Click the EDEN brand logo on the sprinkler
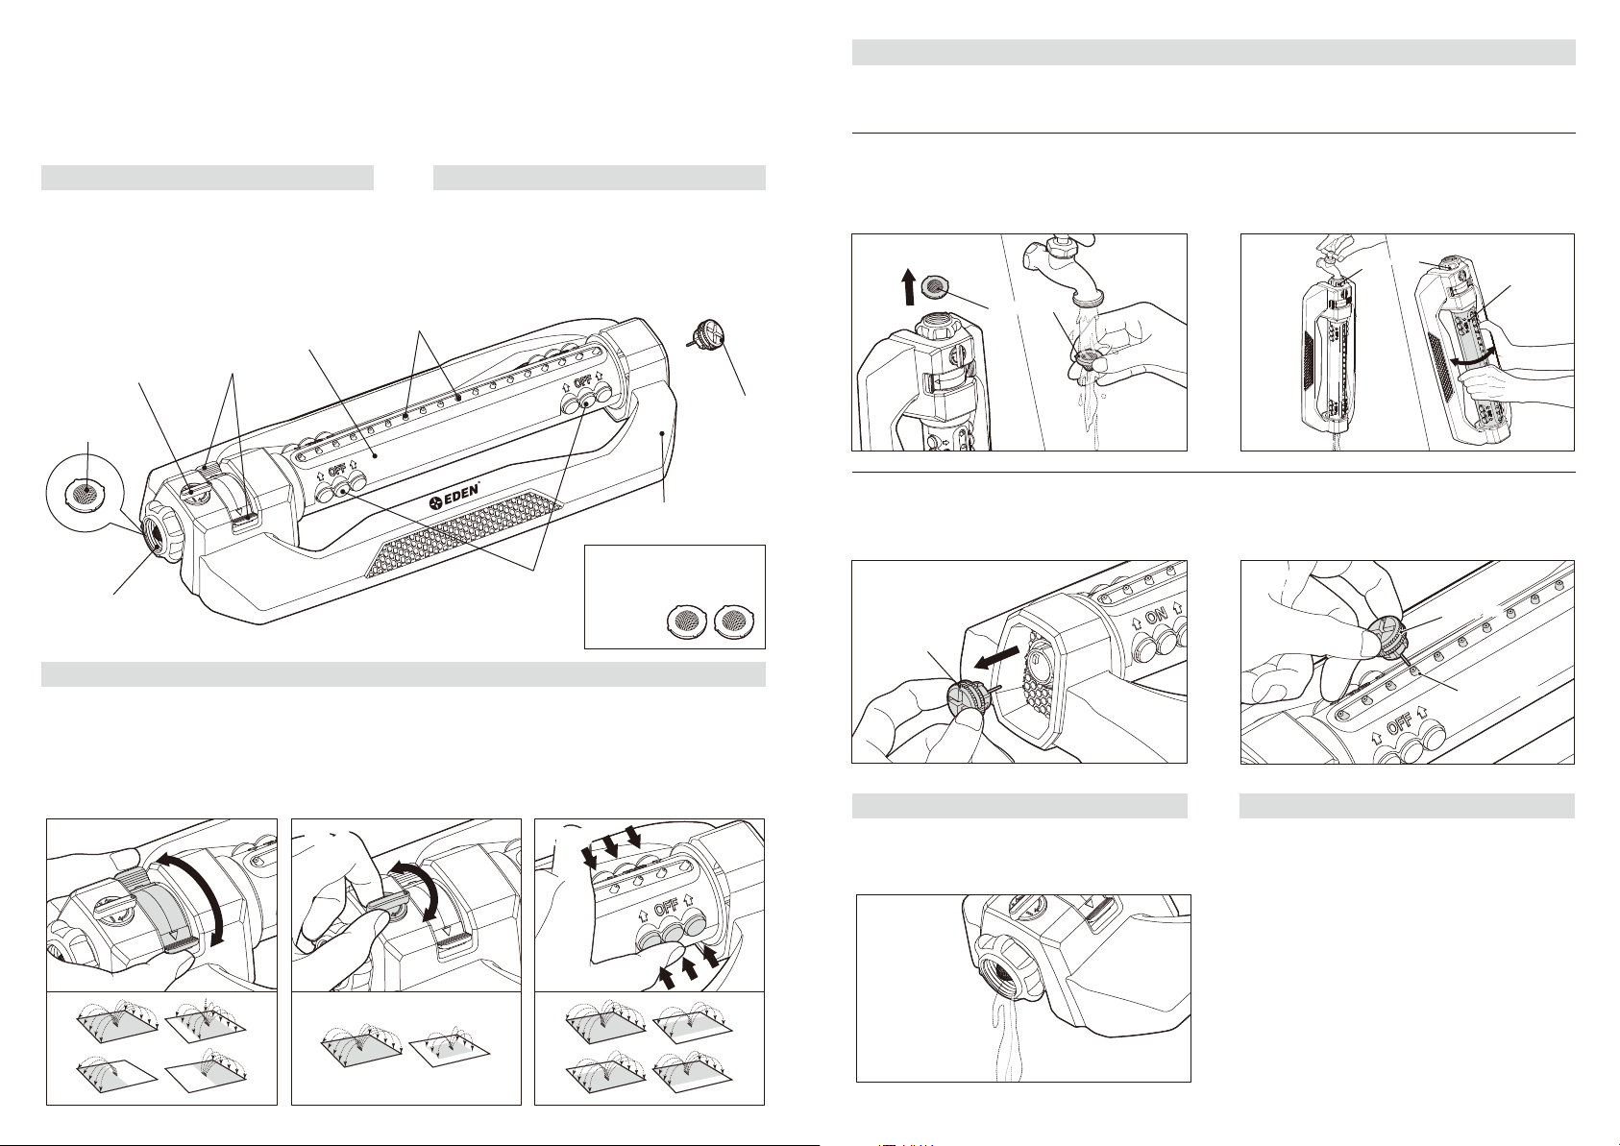coord(454,497)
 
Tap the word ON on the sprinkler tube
coord(1156,617)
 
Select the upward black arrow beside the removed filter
coord(909,286)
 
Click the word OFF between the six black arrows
coord(665,908)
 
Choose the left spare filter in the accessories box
coord(683,621)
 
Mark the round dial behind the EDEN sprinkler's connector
coord(193,491)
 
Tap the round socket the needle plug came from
coord(1037,659)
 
